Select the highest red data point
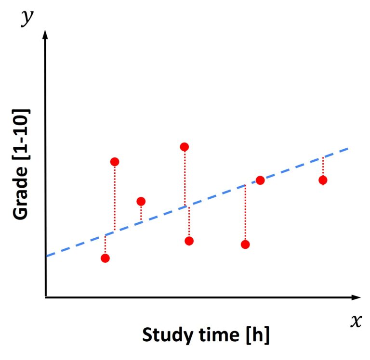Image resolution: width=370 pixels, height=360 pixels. (184, 147)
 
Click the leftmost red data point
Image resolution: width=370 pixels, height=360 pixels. (105, 258)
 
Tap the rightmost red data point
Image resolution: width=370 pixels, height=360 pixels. (323, 180)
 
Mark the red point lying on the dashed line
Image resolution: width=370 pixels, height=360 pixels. (260, 180)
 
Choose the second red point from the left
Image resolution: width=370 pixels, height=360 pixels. (115, 161)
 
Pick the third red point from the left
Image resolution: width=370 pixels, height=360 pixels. (141, 201)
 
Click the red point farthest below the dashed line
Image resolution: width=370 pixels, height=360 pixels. (245, 244)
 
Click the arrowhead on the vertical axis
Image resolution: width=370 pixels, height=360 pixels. (45, 35)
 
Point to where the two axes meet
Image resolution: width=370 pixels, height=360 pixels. (45, 297)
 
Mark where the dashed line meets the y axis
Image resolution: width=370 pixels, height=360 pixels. (46, 256)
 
